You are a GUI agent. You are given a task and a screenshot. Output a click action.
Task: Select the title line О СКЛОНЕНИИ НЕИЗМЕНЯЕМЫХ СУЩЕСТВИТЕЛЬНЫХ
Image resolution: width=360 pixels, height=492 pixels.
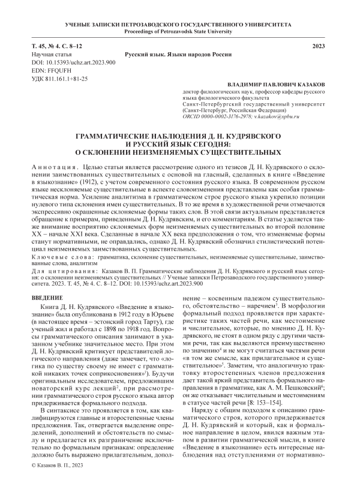pyautogui.click(x=179, y=153)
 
